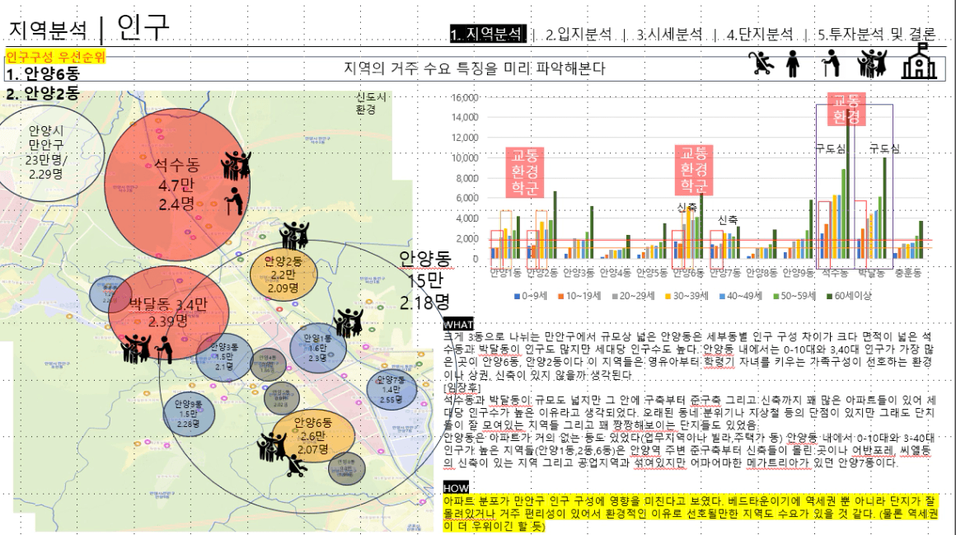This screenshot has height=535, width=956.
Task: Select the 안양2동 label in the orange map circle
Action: click(282, 263)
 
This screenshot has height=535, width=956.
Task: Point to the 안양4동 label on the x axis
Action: click(616, 272)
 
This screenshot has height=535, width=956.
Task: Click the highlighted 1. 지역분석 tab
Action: click(487, 34)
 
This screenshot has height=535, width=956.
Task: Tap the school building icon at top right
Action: click(919, 61)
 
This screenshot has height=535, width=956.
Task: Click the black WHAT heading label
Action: click(458, 323)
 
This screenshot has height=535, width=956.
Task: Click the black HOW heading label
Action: click(456, 488)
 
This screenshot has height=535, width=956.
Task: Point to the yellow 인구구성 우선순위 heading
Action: click(55, 57)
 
